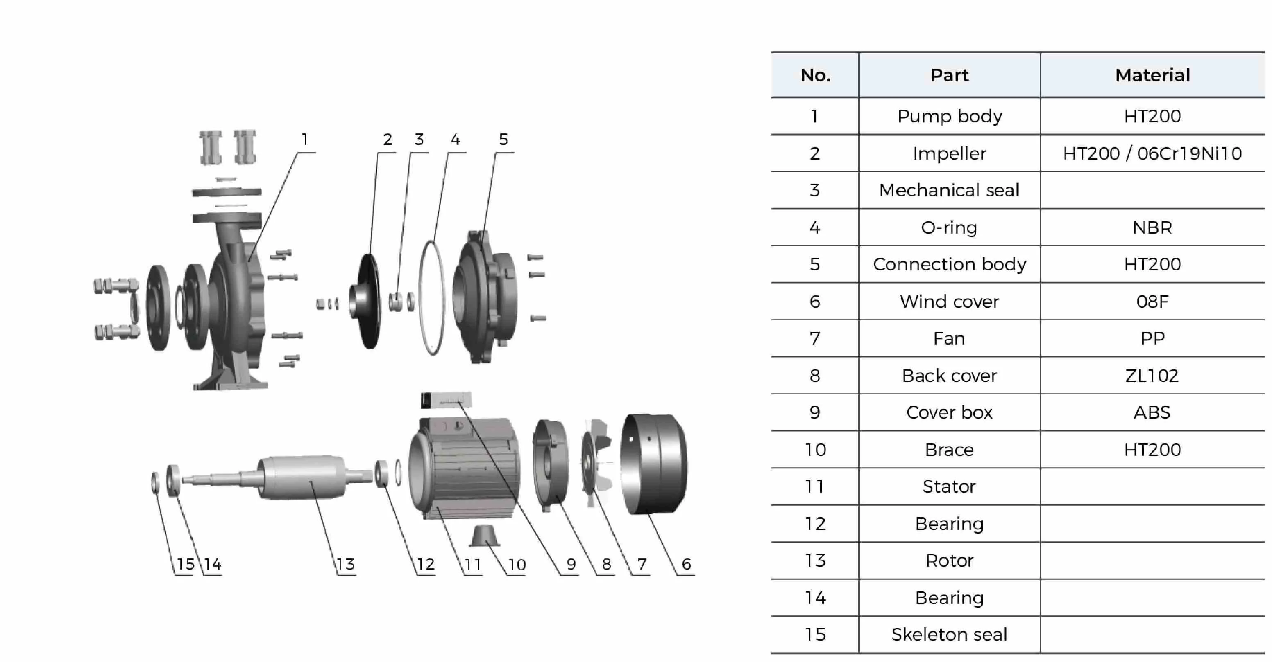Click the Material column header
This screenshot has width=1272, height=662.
tap(1152, 75)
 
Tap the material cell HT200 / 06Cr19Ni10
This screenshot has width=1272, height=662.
tap(1152, 153)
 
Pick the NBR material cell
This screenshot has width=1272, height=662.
tap(1152, 227)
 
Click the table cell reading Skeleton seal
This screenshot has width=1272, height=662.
tap(949, 634)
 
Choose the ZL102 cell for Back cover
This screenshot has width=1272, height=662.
tap(1152, 376)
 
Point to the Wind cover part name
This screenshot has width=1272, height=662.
tap(949, 302)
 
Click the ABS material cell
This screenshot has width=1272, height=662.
tap(1152, 412)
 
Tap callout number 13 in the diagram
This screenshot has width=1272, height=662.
tap(346, 564)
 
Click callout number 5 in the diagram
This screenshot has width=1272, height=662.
tap(503, 140)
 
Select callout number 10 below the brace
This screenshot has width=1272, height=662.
tap(517, 564)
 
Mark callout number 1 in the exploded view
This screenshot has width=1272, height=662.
tap(305, 140)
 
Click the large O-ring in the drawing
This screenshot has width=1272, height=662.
tap(431, 298)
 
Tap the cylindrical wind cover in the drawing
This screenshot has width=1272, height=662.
tap(654, 464)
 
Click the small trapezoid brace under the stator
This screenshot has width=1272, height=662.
tap(484, 536)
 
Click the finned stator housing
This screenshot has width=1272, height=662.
tap(467, 468)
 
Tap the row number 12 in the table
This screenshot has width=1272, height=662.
tap(815, 523)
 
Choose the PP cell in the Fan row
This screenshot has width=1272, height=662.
tap(1152, 338)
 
